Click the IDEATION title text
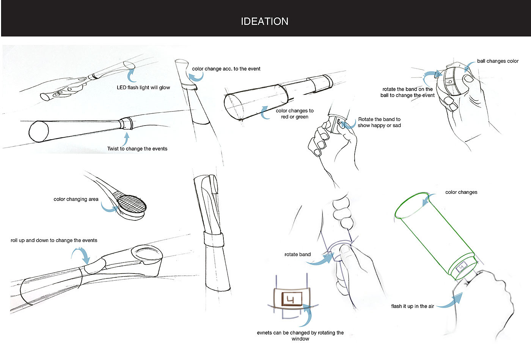click(264, 21)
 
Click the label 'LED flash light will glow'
click(143, 88)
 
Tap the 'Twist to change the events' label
click(137, 149)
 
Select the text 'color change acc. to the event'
click(226, 69)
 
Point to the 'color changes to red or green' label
click(295, 114)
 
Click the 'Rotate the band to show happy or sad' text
click(379, 122)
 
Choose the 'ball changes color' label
click(498, 61)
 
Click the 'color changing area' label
click(76, 199)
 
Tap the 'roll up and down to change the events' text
click(54, 241)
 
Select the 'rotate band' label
click(297, 255)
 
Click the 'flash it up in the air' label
click(412, 307)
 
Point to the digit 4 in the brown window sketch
click(292, 299)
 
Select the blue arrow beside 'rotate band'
click(322, 260)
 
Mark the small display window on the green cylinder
click(461, 267)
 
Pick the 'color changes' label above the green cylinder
click(461, 192)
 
